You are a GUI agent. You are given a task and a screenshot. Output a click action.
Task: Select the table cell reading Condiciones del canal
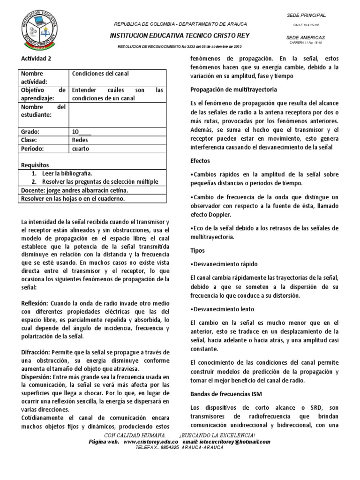point(100,74)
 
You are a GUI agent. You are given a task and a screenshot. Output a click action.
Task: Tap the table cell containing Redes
point(80,140)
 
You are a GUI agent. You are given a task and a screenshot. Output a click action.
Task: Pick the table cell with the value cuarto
point(81,149)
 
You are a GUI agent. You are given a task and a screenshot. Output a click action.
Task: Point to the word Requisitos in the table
point(37,165)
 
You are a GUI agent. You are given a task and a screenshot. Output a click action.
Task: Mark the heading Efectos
point(200,160)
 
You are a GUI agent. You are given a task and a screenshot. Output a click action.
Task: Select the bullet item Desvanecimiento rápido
point(224,264)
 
